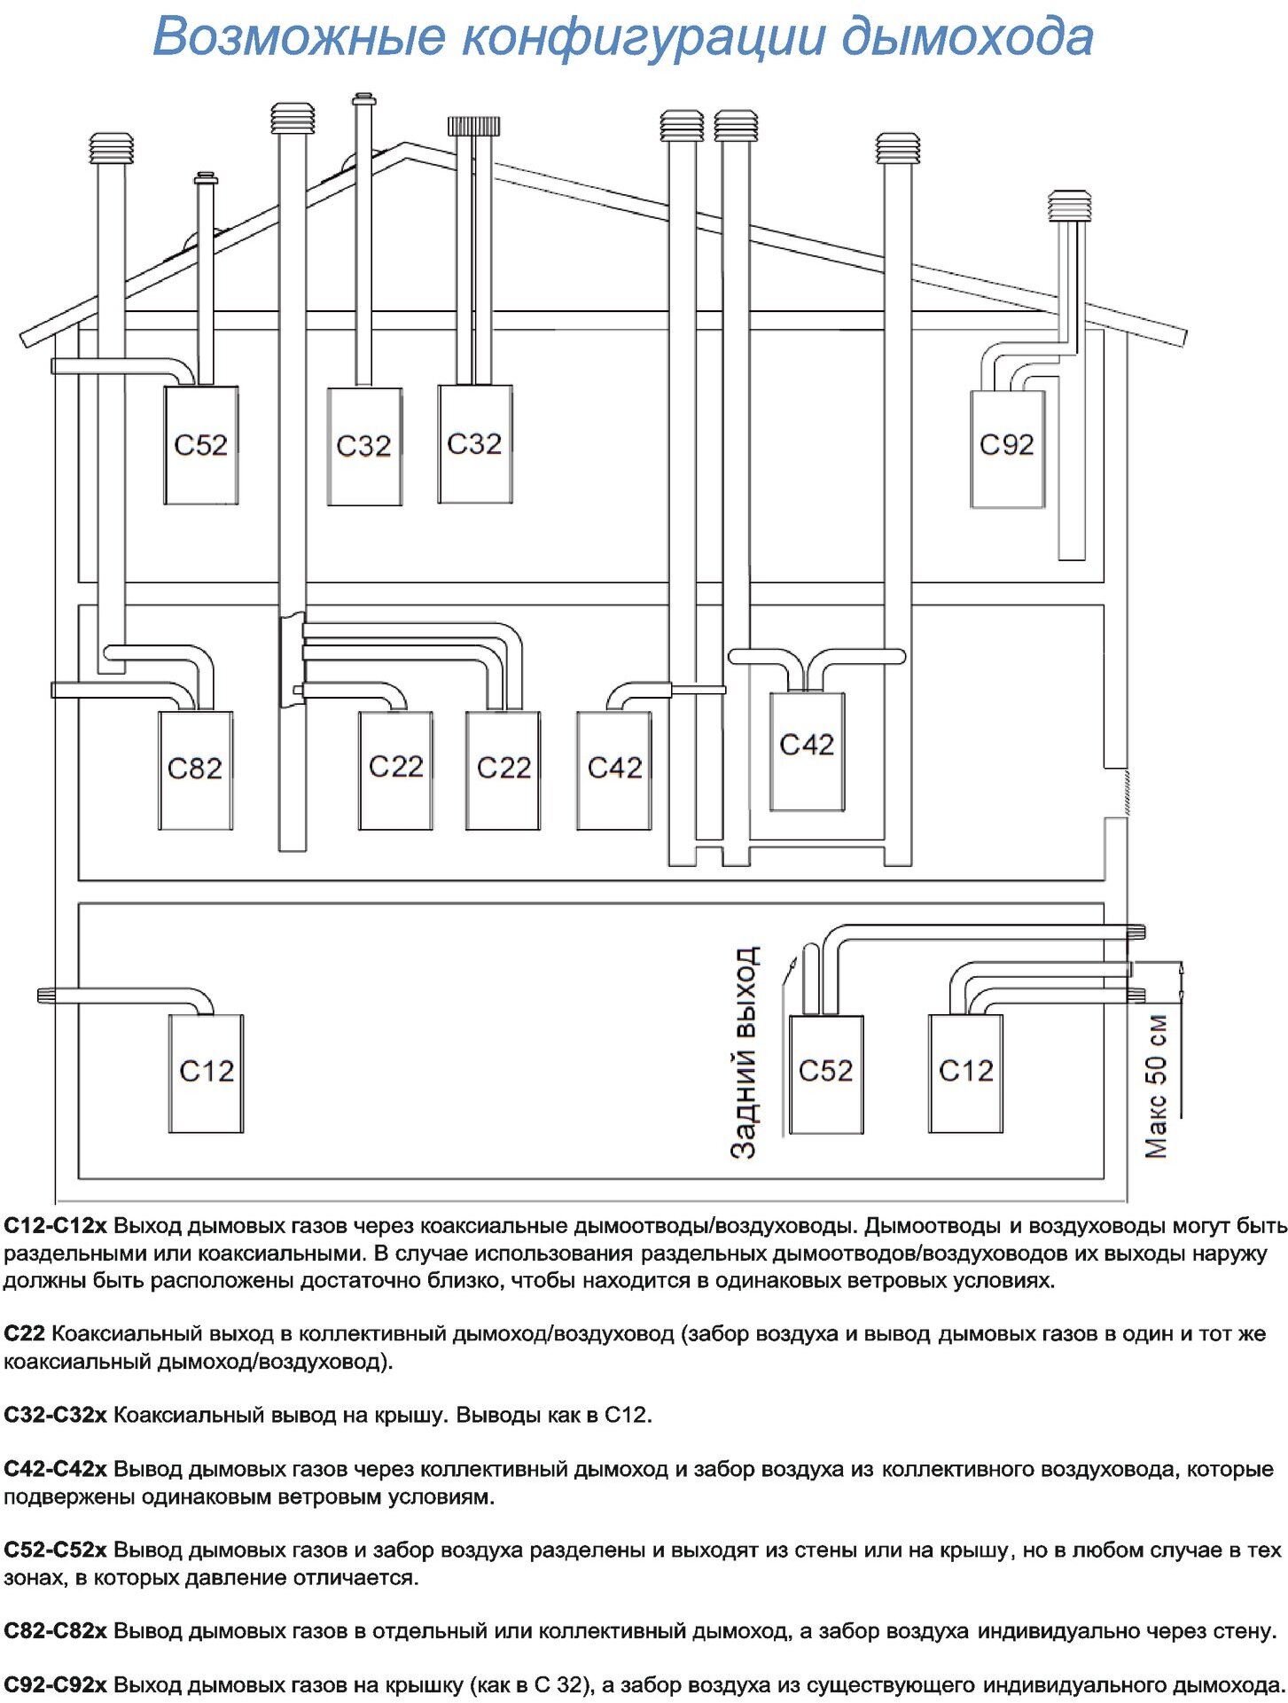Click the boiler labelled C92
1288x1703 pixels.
tap(1007, 449)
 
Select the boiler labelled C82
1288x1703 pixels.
tap(195, 769)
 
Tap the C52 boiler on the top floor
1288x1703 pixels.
tap(200, 445)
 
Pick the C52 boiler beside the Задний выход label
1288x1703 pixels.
tap(825, 1074)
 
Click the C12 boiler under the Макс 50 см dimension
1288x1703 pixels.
tap(965, 1073)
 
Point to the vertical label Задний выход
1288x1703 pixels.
tap(745, 1052)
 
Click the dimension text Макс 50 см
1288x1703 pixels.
tap(1157, 1085)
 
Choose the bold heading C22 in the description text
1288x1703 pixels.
tap(24, 1334)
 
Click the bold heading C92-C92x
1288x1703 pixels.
tap(55, 1684)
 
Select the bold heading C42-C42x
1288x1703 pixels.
tap(55, 1469)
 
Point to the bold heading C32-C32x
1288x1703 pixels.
tap(55, 1415)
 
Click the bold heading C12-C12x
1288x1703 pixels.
tap(55, 1226)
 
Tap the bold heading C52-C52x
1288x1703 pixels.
tap(55, 1550)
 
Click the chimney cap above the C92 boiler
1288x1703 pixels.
tap(1070, 207)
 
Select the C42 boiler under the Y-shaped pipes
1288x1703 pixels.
tap(807, 750)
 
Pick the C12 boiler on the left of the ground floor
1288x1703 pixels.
tap(206, 1073)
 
